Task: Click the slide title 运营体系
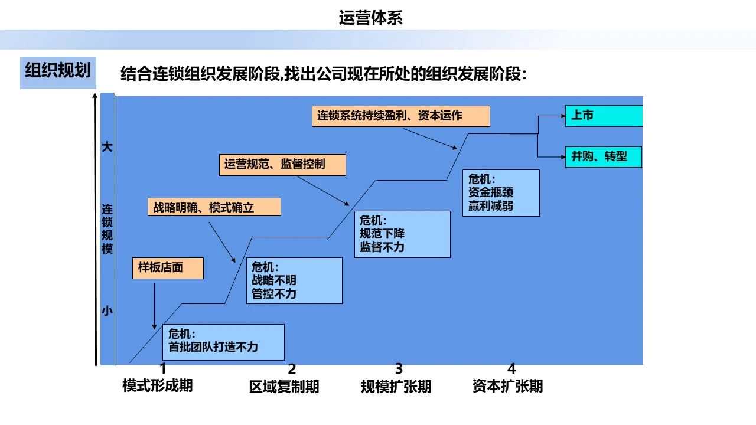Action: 370,18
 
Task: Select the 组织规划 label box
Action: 58,72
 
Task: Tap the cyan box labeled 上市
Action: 603,116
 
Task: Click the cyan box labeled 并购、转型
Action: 603,157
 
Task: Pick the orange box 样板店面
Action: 168,268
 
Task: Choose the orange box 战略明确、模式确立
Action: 214,207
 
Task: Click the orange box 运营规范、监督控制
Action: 282,165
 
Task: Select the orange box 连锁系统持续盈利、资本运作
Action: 400,116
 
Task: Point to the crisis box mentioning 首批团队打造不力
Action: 223,342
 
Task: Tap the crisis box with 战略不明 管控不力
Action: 294,280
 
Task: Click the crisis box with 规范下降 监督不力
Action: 405,234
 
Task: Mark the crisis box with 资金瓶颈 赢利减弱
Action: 501,193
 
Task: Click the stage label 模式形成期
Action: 157,386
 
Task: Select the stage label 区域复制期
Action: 284,387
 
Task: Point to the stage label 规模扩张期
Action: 396,387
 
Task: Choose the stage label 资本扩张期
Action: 507,386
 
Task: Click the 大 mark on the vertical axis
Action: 107,147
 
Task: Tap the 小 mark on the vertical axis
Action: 107,310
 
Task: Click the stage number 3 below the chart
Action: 399,370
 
